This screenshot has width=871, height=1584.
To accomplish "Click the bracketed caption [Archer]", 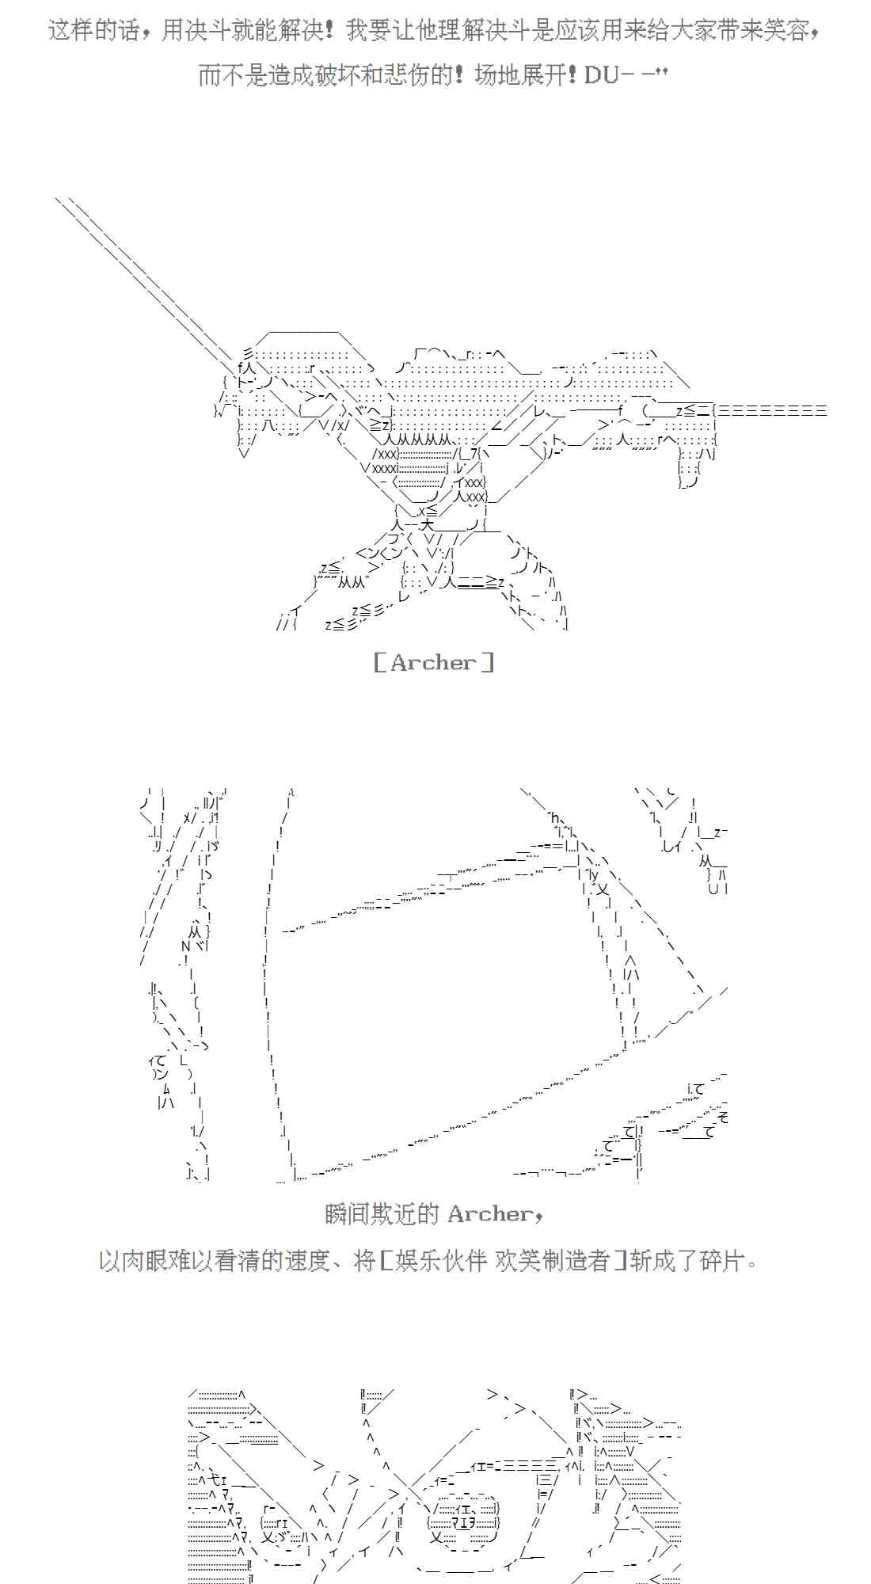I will click(x=434, y=662).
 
